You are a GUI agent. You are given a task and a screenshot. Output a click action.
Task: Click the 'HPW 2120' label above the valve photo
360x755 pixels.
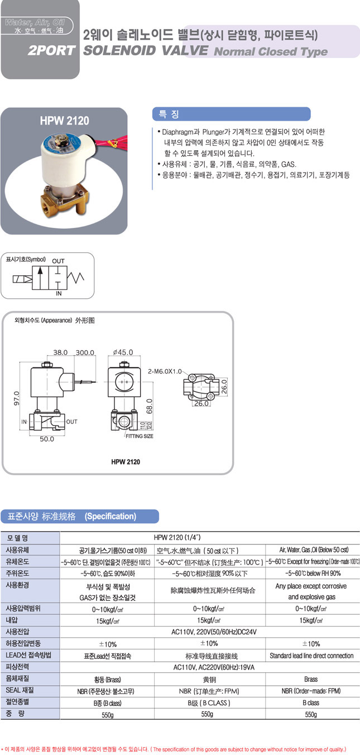coord(64,121)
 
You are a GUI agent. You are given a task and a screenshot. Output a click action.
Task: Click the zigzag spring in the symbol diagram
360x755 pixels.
coord(78,276)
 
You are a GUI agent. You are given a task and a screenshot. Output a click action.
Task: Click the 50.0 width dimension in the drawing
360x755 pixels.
coord(46,439)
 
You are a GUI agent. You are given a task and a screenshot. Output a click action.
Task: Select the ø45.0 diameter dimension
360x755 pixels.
coord(122,352)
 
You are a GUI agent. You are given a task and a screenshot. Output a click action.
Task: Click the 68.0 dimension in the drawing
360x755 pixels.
coord(150,407)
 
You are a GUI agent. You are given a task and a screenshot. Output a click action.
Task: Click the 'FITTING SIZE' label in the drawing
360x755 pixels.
coord(139,436)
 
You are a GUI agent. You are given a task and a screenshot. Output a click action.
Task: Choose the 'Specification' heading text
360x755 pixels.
coord(111,516)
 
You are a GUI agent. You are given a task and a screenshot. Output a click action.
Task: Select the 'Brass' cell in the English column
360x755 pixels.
coord(311,679)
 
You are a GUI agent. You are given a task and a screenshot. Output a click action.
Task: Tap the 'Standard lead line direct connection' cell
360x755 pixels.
coord(311,655)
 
